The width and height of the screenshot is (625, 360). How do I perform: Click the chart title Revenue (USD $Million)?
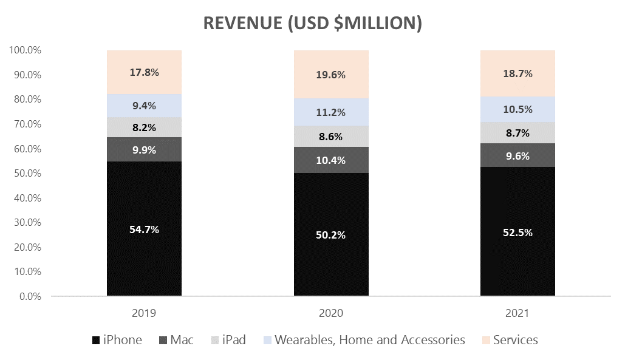(312, 22)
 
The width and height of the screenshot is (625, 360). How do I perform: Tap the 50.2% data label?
(331, 235)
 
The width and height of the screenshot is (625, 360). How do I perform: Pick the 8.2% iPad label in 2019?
(144, 127)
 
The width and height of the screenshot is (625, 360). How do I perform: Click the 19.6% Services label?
(331, 75)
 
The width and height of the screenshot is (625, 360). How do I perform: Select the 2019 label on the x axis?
(144, 314)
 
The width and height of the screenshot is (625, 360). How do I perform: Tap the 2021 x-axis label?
(517, 314)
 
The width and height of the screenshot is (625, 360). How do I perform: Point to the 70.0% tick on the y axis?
(26, 124)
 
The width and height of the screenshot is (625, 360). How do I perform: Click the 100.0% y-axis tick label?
(24, 50)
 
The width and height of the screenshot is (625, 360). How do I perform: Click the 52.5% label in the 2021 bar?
(517, 233)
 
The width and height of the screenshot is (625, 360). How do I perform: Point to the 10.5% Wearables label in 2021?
(517, 109)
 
